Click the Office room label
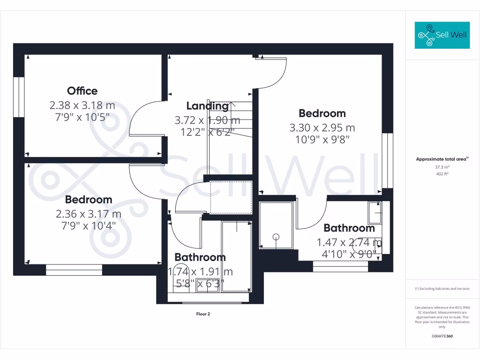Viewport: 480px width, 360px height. tap(82, 91)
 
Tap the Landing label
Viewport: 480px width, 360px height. tap(207, 106)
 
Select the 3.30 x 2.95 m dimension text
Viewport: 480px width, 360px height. tap(322, 127)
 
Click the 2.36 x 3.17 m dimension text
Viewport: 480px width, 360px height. tap(89, 214)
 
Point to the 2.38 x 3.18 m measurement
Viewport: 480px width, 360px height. tap(82, 105)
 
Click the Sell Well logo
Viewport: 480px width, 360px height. tap(442, 35)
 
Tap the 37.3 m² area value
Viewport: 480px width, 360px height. tap(442, 167)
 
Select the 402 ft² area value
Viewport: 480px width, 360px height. tap(442, 174)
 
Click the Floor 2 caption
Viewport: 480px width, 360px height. tap(203, 314)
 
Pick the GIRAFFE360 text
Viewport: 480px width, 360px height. tap(442, 336)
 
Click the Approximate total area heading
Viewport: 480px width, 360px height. tap(442, 159)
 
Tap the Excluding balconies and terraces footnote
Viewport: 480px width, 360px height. tap(442, 289)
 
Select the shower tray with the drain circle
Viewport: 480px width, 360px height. tap(277, 225)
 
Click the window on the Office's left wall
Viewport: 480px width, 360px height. tap(19, 97)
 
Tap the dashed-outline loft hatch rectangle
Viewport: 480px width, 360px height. tap(231, 197)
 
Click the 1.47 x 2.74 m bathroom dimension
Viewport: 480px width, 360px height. tap(349, 243)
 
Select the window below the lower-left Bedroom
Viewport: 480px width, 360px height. tap(74, 270)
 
